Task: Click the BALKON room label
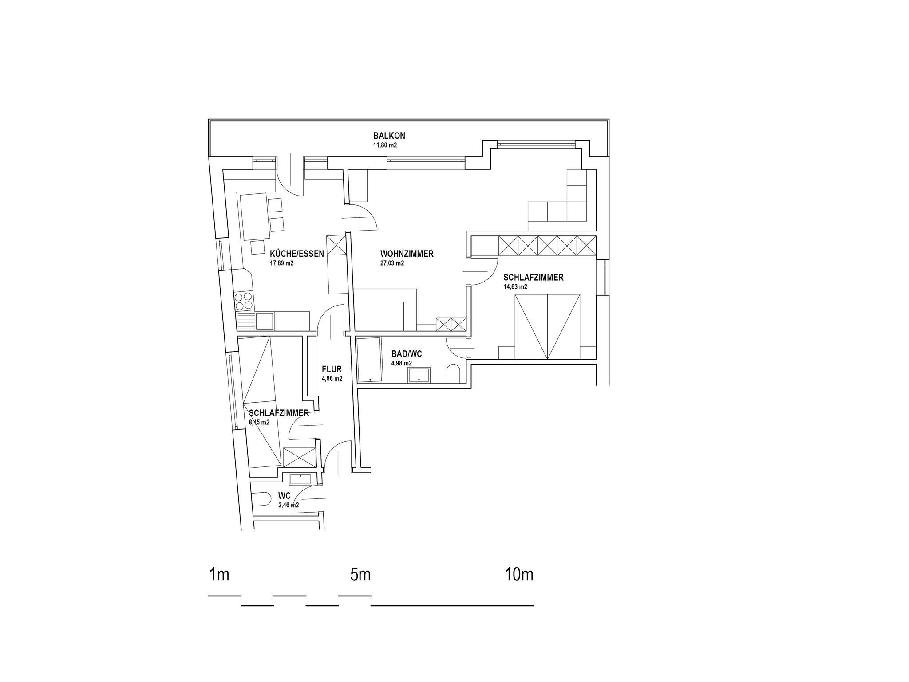click(x=389, y=136)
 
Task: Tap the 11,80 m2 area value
click(x=385, y=145)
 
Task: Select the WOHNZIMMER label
click(x=407, y=254)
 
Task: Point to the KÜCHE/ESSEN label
click(x=297, y=254)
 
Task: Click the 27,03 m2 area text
click(x=392, y=263)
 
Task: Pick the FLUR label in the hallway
click(x=332, y=369)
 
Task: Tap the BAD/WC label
click(x=407, y=354)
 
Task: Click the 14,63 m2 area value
click(x=515, y=287)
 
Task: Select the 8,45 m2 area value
click(x=260, y=423)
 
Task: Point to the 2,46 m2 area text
click(x=289, y=505)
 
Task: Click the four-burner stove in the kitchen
click(x=245, y=301)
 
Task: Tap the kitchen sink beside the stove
click(x=264, y=321)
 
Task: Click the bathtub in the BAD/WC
click(x=369, y=360)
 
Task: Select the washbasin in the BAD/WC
click(x=419, y=375)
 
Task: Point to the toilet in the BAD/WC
click(x=454, y=374)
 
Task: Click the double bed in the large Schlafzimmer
click(x=547, y=326)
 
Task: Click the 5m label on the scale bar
click(x=360, y=575)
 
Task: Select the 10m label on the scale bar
click(x=519, y=575)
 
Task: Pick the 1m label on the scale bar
click(x=219, y=575)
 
